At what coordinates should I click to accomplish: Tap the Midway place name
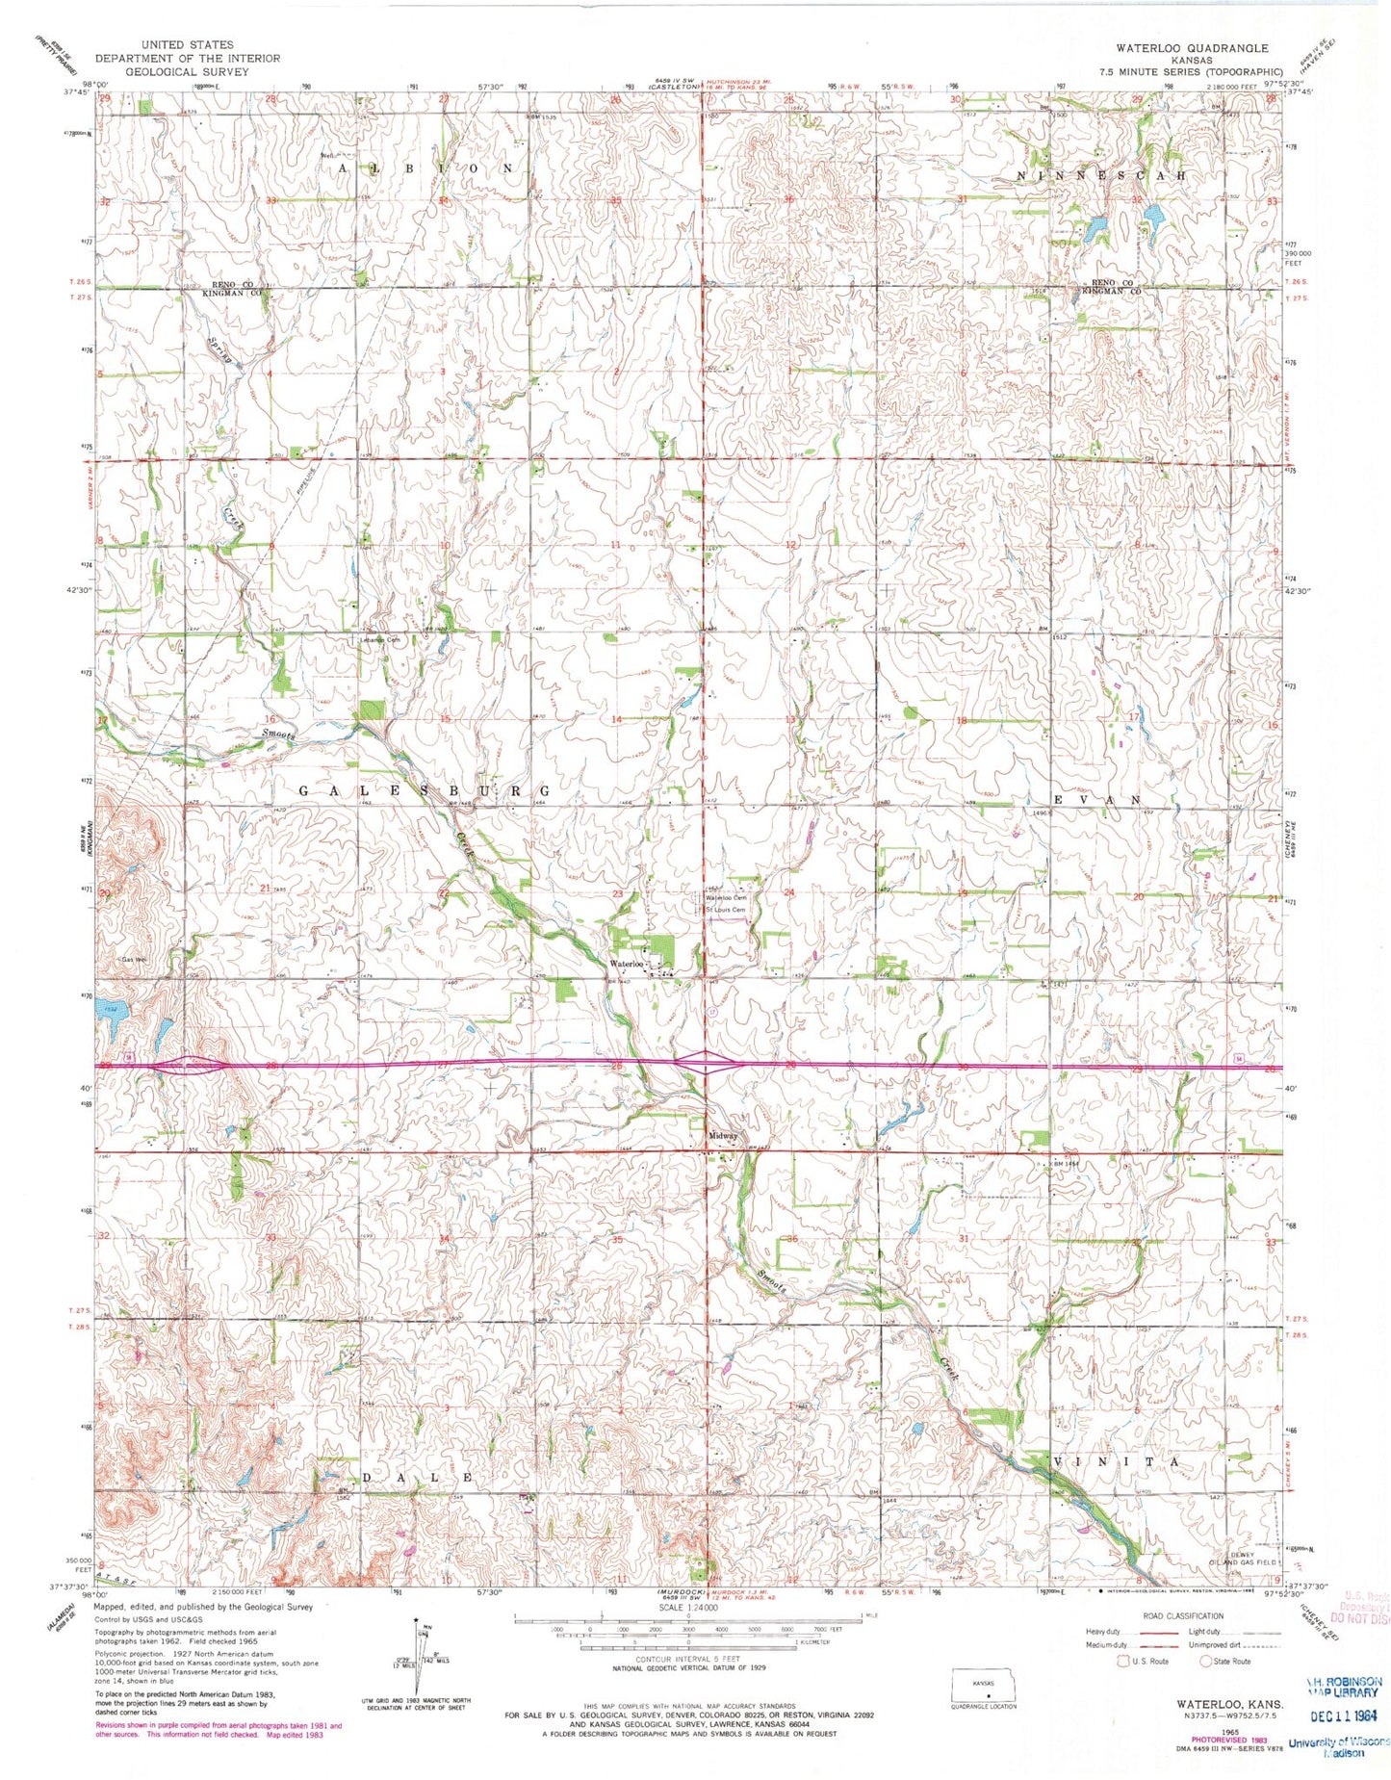723,1136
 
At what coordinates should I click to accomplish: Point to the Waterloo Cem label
727,898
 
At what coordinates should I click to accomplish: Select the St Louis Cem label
727,910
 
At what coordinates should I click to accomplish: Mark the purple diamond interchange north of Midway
707,1062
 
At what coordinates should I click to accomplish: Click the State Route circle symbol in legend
1206,1661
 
